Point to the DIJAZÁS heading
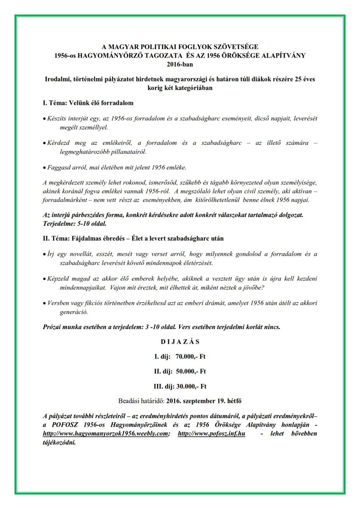click(180, 342)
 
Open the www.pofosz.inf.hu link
click(211, 434)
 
